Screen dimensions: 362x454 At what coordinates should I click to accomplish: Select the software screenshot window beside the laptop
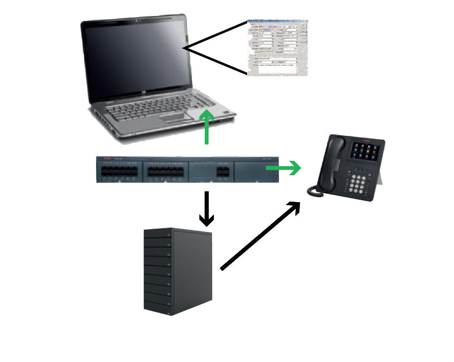coord(277,48)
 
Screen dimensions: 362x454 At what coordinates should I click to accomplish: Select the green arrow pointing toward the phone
coord(284,168)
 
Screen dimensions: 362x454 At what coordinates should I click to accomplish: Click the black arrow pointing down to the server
coord(206,209)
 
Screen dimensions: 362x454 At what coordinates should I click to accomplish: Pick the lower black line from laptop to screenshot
coord(216,61)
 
